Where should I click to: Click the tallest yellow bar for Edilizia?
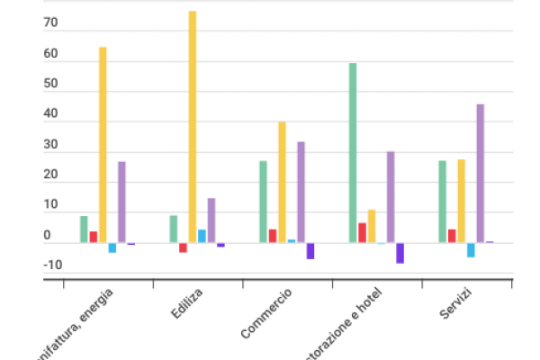(x=193, y=126)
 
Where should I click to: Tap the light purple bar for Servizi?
(x=481, y=173)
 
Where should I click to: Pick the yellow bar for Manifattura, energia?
(x=103, y=144)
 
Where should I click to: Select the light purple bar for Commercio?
(x=301, y=192)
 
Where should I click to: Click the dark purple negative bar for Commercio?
(x=310, y=251)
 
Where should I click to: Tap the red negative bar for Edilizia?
(x=183, y=247)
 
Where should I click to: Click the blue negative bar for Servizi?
(x=471, y=250)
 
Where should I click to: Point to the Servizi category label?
(x=456, y=303)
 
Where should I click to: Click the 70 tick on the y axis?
(x=50, y=25)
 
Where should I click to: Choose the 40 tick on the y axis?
(x=50, y=115)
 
